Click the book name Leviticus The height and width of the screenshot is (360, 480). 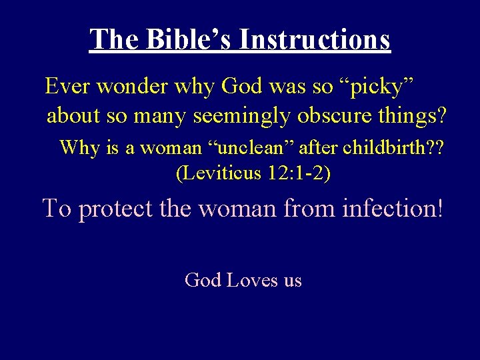[x=219, y=174]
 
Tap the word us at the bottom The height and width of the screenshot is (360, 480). [x=293, y=281]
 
